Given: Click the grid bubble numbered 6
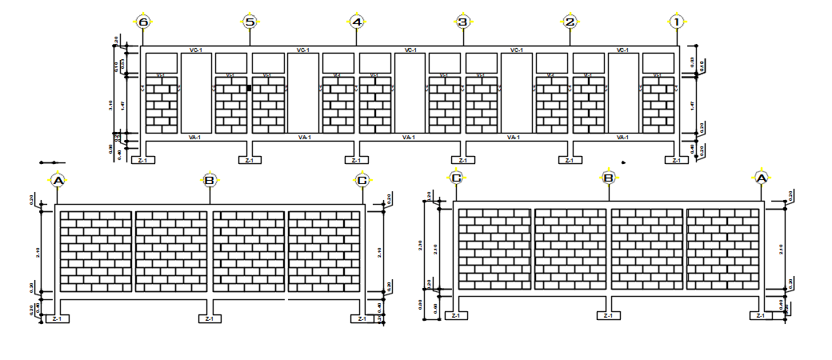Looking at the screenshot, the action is click(143, 22).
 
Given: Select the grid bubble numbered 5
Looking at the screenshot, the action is click(250, 22).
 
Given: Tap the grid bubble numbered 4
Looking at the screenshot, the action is click(357, 22).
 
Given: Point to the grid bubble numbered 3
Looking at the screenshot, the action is click(463, 22).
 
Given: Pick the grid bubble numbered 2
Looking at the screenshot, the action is click(570, 22).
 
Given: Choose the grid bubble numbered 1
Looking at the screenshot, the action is click(677, 22).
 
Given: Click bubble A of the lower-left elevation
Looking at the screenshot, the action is click(58, 181).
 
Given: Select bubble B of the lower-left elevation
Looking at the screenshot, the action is click(210, 181).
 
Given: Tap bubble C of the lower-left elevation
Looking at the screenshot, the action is click(362, 181).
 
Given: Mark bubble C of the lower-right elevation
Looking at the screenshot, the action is click(456, 178).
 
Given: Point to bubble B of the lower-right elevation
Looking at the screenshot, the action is click(608, 178).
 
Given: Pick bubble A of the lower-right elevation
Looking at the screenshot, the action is click(761, 178).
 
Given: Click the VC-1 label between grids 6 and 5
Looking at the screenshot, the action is click(196, 50).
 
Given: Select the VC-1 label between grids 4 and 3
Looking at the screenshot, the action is click(410, 50).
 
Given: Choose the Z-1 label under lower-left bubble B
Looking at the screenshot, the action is click(210, 319).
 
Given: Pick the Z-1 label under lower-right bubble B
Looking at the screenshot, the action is click(608, 316).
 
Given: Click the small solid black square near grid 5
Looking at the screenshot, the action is click(249, 88).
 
